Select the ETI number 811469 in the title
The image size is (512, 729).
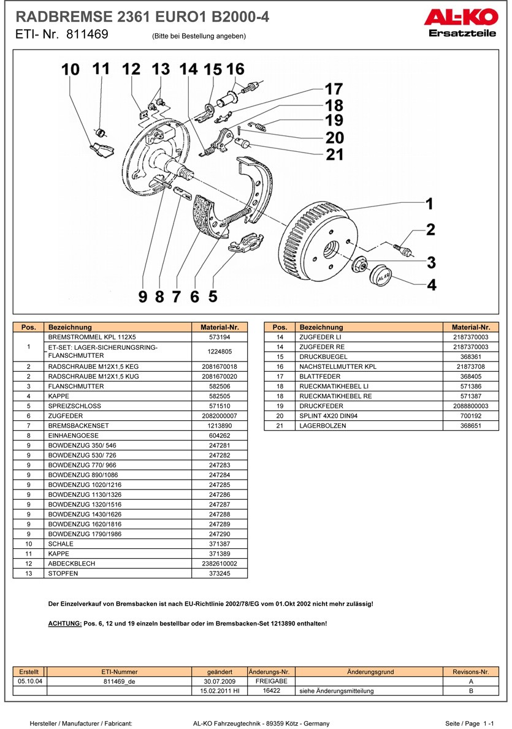(x=87, y=35)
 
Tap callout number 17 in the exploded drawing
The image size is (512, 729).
(x=334, y=89)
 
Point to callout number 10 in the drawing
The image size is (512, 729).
(x=71, y=70)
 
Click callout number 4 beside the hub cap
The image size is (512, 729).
(x=432, y=285)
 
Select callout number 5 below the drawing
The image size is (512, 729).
(x=213, y=297)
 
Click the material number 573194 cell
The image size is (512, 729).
(x=220, y=337)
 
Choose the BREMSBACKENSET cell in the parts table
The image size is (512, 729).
(x=119, y=426)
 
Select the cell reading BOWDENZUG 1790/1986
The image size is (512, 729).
(x=119, y=534)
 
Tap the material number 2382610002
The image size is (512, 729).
(x=220, y=563)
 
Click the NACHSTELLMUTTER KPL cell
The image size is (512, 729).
(x=370, y=366)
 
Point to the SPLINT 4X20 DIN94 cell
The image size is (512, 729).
(x=370, y=415)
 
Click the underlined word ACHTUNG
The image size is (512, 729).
(x=64, y=623)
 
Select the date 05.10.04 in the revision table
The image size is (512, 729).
(x=29, y=681)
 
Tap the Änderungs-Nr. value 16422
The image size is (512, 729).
(x=272, y=690)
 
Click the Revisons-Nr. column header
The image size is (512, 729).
(x=471, y=671)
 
